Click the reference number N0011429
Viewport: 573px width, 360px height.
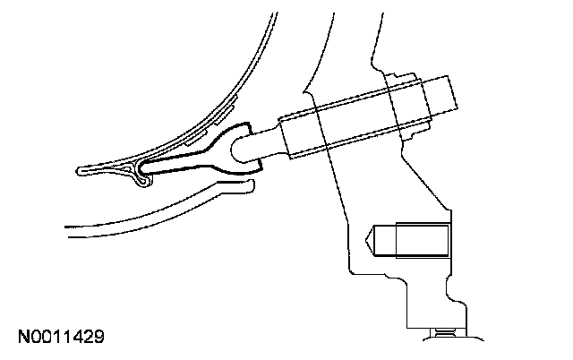pyautogui.click(x=62, y=338)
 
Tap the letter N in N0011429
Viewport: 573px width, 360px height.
pyautogui.click(x=23, y=338)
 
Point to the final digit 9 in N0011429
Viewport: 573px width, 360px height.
pyautogui.click(x=100, y=338)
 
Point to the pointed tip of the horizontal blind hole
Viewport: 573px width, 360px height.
pyautogui.click(x=369, y=240)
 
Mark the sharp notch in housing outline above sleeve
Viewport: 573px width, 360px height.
pyautogui.click(x=304, y=89)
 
